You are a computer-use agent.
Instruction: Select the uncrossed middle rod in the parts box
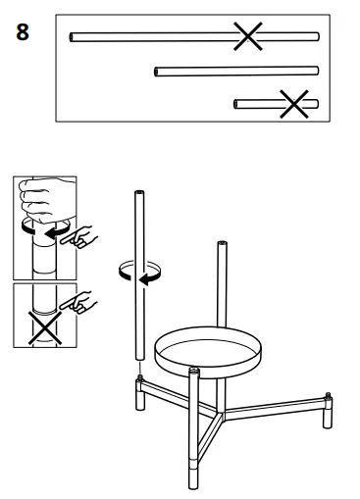coord(236,71)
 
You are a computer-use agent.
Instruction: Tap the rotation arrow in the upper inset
coord(46,233)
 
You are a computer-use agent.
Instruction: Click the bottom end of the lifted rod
coord(140,364)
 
